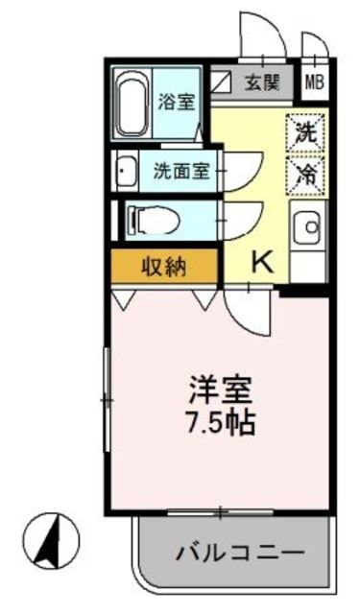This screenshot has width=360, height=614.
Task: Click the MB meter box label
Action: pos(314,83)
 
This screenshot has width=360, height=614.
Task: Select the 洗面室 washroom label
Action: pos(180,172)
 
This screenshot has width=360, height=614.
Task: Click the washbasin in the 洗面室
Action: pos(126,172)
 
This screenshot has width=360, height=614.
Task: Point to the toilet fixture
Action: pos(150,220)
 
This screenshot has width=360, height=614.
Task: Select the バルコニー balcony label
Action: pos(240,554)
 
